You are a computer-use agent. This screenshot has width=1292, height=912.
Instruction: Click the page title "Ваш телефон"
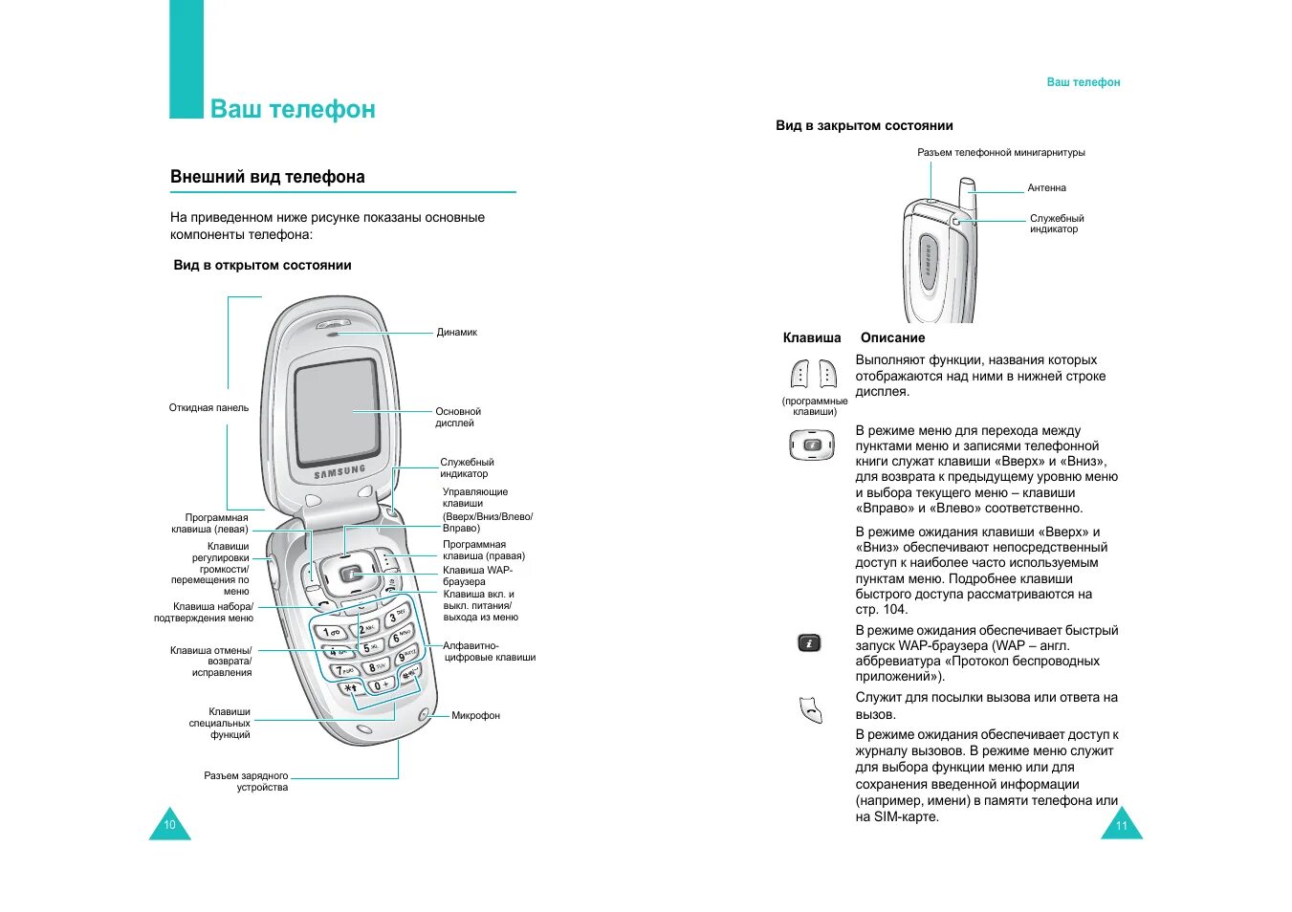pyautogui.click(x=293, y=109)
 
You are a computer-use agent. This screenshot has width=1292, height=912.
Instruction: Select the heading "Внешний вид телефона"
pyautogui.click(x=268, y=177)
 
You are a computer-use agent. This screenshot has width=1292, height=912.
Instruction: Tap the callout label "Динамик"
pyautogui.click(x=456, y=333)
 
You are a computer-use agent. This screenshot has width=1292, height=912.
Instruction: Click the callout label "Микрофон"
pyautogui.click(x=475, y=716)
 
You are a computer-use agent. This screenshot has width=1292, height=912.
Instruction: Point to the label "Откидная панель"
pyautogui.click(x=208, y=408)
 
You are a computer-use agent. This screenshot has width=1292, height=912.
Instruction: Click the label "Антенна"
pyautogui.click(x=1046, y=188)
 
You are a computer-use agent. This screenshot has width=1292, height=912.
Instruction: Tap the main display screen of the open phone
pyautogui.click(x=336, y=411)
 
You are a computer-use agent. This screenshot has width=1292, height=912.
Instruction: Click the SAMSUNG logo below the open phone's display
pyautogui.click(x=339, y=471)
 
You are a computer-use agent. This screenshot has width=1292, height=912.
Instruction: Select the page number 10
pyautogui.click(x=169, y=825)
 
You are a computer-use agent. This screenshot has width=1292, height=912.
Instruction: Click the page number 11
pyautogui.click(x=1122, y=826)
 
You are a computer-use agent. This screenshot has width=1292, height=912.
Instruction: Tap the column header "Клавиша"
pyautogui.click(x=812, y=337)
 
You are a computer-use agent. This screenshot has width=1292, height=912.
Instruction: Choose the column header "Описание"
pyautogui.click(x=892, y=337)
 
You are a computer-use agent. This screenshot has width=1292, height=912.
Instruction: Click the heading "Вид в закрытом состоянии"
pyautogui.click(x=864, y=126)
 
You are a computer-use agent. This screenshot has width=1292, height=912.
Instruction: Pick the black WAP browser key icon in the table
pyautogui.click(x=809, y=643)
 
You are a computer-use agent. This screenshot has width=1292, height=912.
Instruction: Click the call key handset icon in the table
pyautogui.click(x=811, y=710)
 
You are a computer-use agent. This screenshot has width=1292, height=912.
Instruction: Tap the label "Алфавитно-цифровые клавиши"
pyautogui.click(x=488, y=652)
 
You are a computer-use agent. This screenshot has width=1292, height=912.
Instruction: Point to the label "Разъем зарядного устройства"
pyautogui.click(x=247, y=782)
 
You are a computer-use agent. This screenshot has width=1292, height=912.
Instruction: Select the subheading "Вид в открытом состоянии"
pyautogui.click(x=262, y=266)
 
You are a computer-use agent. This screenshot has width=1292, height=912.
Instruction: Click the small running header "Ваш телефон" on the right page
pyautogui.click(x=1083, y=83)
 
